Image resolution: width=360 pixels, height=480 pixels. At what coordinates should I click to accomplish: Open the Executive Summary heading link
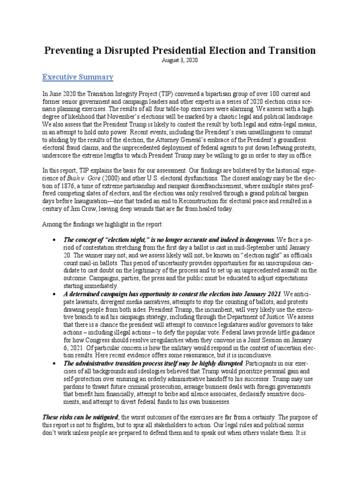pos(78,76)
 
